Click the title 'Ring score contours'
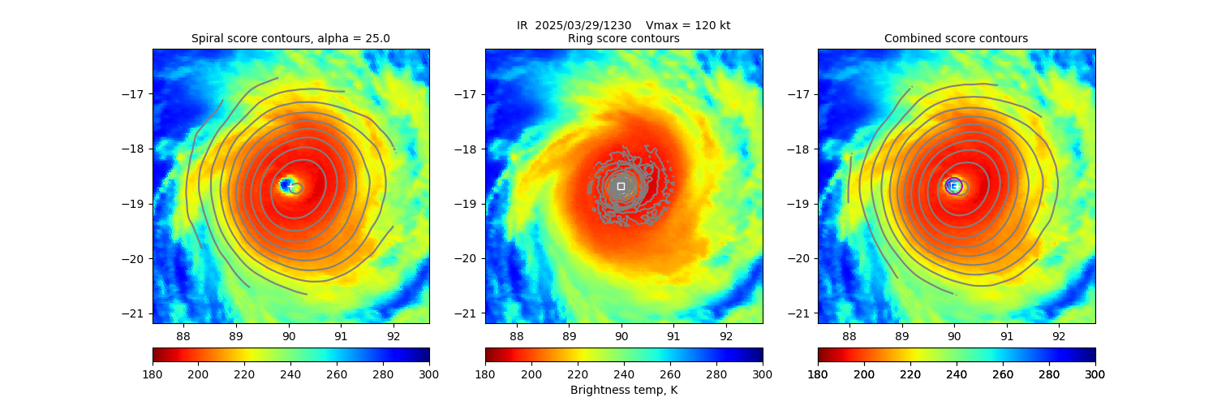point(623,38)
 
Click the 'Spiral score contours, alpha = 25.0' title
point(290,38)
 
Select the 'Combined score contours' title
point(956,38)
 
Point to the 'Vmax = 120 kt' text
point(687,25)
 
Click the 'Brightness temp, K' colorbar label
point(623,390)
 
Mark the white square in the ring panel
point(621,186)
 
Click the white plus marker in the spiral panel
point(290,186)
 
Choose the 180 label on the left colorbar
point(153,374)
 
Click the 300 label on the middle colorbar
point(763,374)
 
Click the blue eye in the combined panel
point(953,186)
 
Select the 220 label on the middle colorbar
point(578,374)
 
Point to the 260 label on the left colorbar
point(337,374)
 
